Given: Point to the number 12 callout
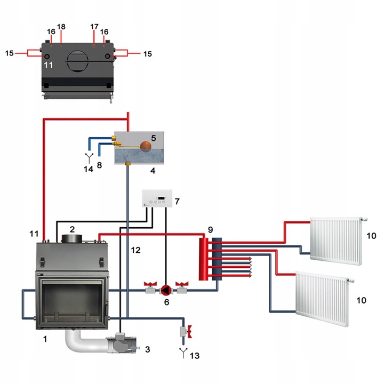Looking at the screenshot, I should coord(135,249).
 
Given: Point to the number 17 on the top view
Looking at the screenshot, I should coord(94,27).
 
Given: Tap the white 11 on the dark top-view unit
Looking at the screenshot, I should coord(49,65).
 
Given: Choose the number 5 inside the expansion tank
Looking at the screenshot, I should coord(153,138).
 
